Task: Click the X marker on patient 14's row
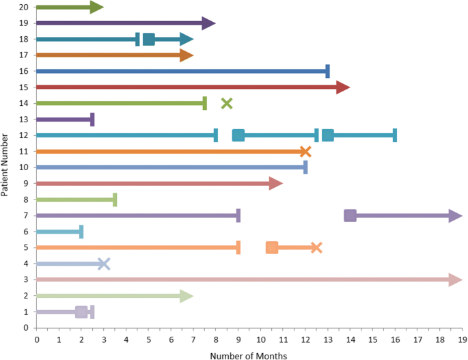[227, 103]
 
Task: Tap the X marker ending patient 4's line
[103, 264]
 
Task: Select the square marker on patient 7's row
[350, 216]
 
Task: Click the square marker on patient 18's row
[148, 39]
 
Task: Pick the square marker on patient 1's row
[81, 312]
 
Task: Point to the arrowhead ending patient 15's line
[343, 87]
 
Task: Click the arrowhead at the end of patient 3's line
[455, 280]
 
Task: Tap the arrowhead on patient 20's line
[96, 7]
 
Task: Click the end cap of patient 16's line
[327, 71]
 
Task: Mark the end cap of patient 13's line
[92, 120]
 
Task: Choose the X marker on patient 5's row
[316, 247]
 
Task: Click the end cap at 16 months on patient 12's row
[394, 135]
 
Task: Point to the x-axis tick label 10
[260, 339]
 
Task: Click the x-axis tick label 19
[462, 339]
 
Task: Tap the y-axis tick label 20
[23, 7]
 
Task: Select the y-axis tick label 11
[23, 152]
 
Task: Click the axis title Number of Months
[249, 355]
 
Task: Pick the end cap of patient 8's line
[115, 199]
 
